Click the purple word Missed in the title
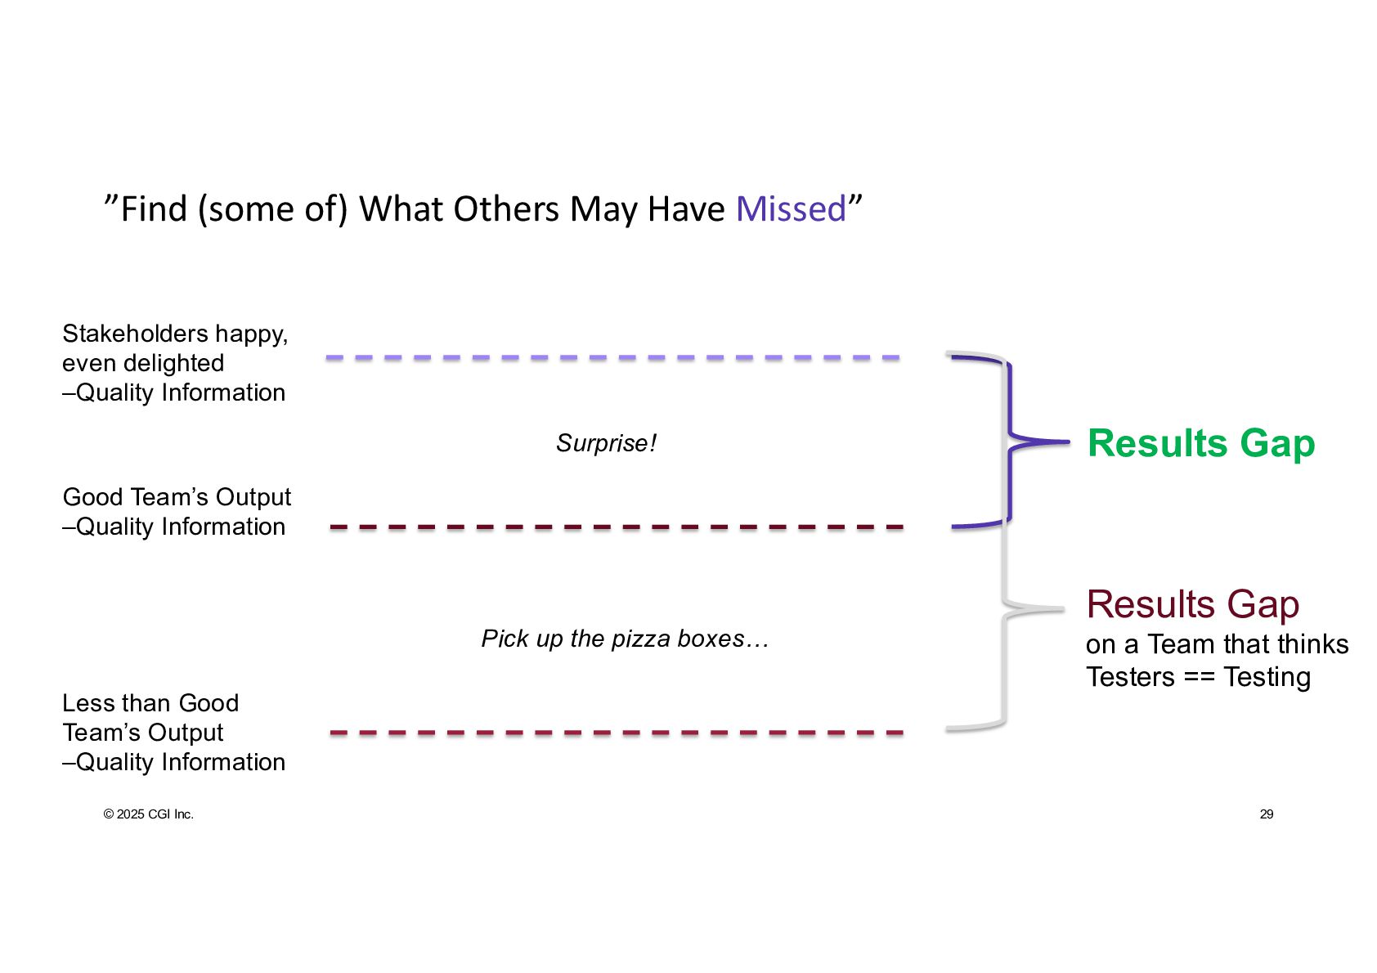[791, 209]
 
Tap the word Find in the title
[154, 209]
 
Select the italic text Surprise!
[606, 443]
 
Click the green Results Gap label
[1200, 444]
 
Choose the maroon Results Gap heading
[1192, 605]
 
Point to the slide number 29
[1266, 814]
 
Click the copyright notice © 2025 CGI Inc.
[148, 814]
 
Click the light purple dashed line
[613, 358]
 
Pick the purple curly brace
[1011, 442]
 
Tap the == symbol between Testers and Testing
[1199, 678]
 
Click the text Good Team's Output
[177, 497]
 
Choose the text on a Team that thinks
[1217, 644]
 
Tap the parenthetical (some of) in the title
[272, 209]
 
